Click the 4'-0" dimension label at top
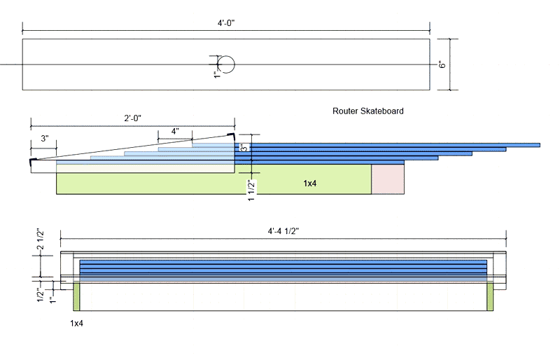(225, 23)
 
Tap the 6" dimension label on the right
(442, 64)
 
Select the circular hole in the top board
(225, 64)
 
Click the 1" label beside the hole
(217, 74)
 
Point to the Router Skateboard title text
(368, 111)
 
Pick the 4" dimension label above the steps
(175, 131)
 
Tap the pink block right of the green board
(387, 179)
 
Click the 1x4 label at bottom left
(78, 324)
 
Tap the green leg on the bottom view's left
(78, 296)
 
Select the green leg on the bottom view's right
(490, 296)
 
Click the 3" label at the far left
(44, 139)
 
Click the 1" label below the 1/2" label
(51, 300)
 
